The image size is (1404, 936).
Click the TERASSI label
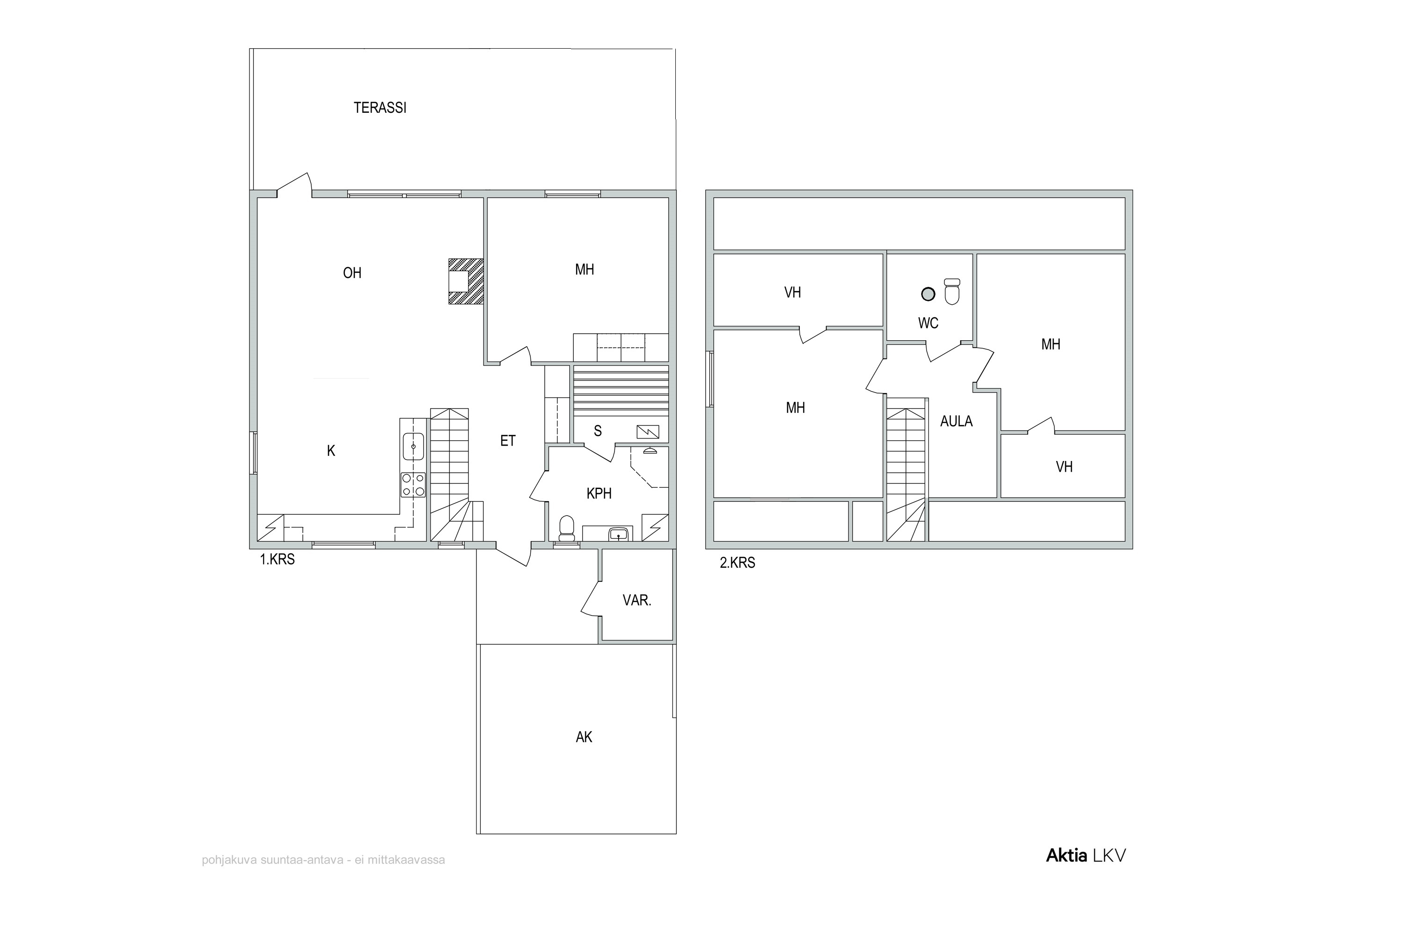pyautogui.click(x=380, y=108)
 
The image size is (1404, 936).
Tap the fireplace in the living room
pyautogui.click(x=466, y=281)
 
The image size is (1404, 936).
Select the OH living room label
pyautogui.click(x=352, y=273)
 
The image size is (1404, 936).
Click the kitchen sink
pyautogui.click(x=413, y=446)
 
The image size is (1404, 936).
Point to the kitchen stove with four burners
pyautogui.click(x=413, y=485)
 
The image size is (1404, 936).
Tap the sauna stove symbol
pyautogui.click(x=648, y=431)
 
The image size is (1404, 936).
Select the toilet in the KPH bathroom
pyautogui.click(x=566, y=528)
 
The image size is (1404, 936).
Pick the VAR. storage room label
pyautogui.click(x=637, y=600)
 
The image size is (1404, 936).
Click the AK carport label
pyautogui.click(x=584, y=737)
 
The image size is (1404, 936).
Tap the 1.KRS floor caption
pyautogui.click(x=277, y=559)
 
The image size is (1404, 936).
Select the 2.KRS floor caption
pyautogui.click(x=737, y=563)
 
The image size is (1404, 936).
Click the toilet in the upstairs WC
pyautogui.click(x=952, y=291)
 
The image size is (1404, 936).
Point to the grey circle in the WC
pyautogui.click(x=928, y=294)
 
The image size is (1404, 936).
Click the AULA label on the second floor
pyautogui.click(x=956, y=422)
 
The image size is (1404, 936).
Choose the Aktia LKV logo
pyautogui.click(x=1086, y=856)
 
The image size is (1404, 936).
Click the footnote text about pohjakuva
pyautogui.click(x=323, y=860)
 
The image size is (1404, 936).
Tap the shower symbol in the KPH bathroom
pyautogui.click(x=650, y=451)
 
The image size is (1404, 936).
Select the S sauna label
pyautogui.click(x=598, y=431)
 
